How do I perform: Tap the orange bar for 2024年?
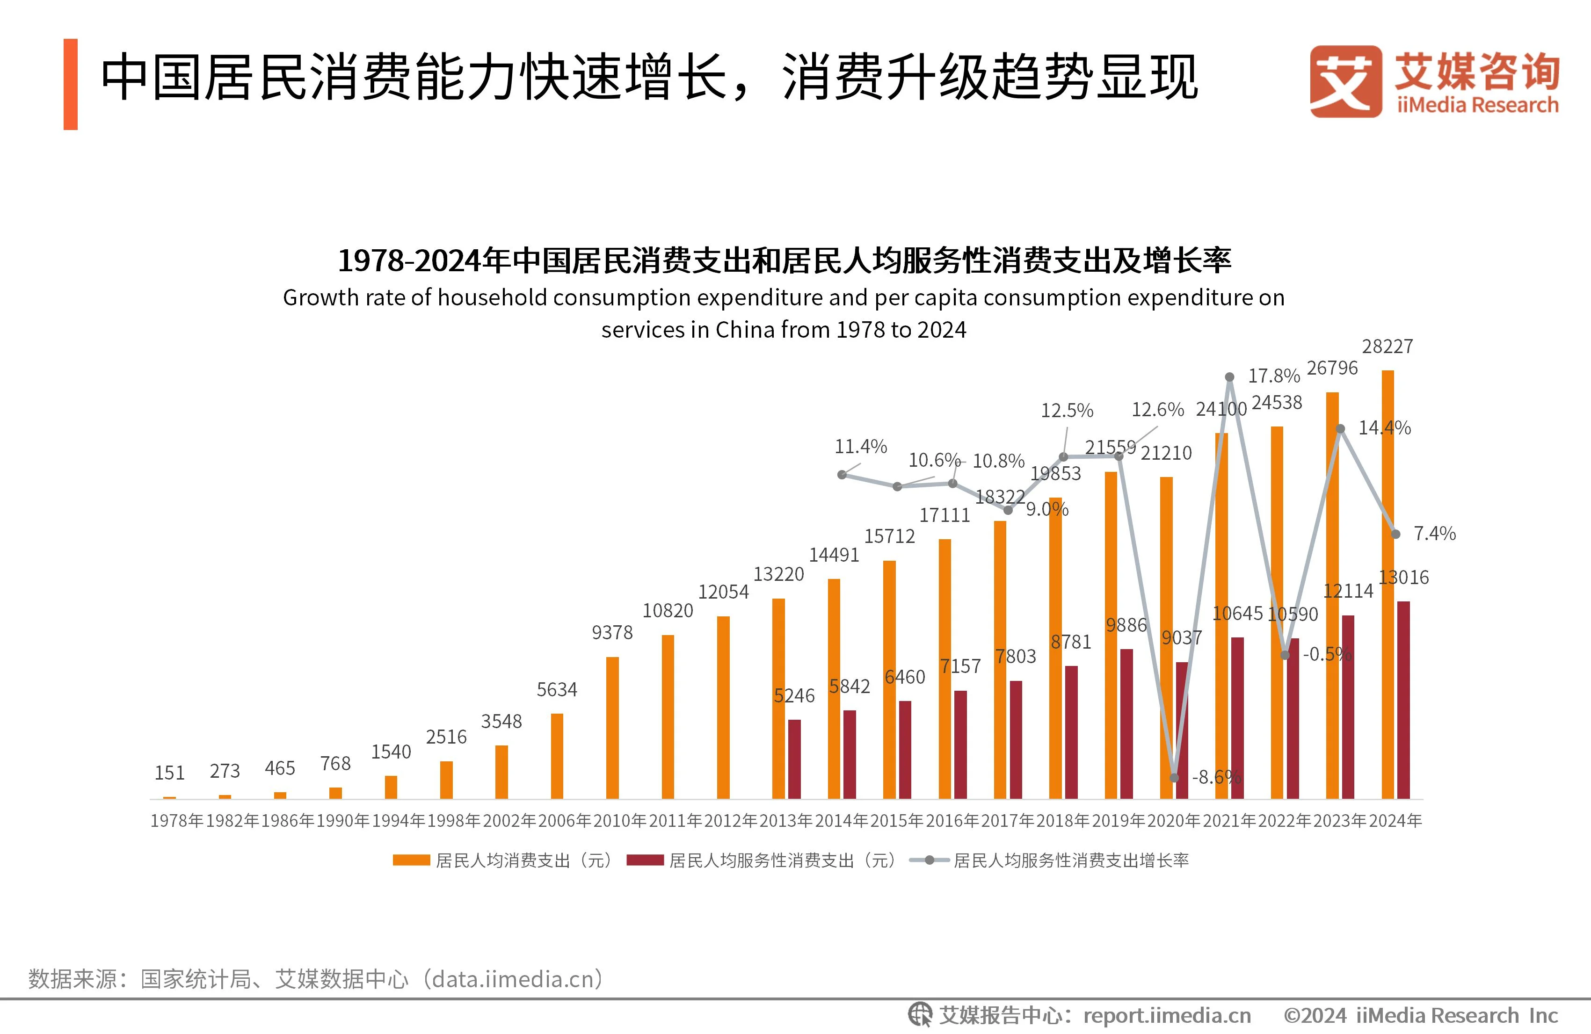tap(1388, 585)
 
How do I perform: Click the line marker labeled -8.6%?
tap(1175, 777)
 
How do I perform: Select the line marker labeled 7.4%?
tap(1396, 534)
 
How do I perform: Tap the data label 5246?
tap(794, 696)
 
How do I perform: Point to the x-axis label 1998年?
tap(454, 821)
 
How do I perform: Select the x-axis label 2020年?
tap(1175, 821)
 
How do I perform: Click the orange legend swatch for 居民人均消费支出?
tap(411, 860)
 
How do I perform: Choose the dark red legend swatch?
tap(645, 860)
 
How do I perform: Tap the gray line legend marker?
tap(929, 860)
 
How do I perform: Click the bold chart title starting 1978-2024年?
tap(784, 260)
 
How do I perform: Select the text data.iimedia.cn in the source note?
tap(513, 979)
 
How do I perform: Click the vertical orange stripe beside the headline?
tap(71, 84)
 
